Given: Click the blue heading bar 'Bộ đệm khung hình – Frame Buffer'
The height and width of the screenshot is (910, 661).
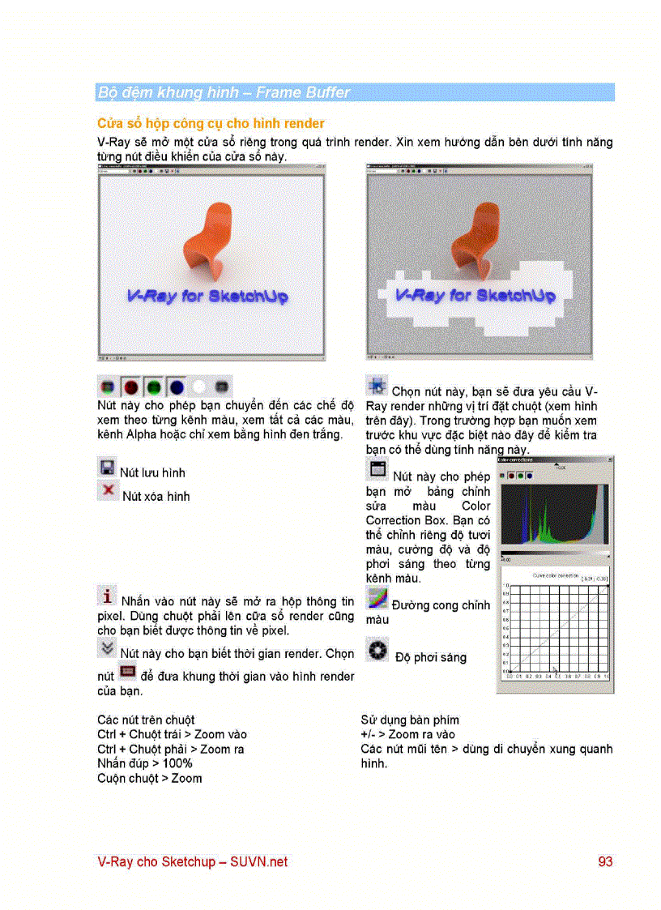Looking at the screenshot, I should (355, 92).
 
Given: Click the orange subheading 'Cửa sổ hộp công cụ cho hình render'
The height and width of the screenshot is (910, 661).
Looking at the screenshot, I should (211, 123).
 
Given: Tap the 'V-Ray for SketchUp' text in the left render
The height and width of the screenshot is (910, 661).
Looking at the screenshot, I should (207, 297).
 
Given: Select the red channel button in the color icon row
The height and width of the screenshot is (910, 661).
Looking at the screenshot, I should (131, 387).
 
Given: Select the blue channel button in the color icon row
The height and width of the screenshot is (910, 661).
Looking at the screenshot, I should (177, 387).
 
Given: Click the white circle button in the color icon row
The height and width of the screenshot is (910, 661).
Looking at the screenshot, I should (200, 387).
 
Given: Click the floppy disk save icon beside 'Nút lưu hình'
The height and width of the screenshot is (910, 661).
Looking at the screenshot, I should (106, 468).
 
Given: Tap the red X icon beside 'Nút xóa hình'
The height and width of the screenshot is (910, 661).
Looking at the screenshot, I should (106, 490).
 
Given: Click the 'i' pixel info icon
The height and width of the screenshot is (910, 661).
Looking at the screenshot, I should (106, 596).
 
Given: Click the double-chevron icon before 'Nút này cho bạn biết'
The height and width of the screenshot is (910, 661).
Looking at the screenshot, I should (106, 647).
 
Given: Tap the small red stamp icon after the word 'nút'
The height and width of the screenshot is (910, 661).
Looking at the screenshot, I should (126, 671).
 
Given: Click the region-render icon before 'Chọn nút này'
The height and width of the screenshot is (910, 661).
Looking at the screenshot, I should (376, 385).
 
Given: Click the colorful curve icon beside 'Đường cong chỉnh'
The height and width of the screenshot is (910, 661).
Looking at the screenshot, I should (377, 599).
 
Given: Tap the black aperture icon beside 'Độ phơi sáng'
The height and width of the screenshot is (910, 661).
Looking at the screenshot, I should (377, 650).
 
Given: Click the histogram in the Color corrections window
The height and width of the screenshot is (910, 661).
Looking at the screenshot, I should (553, 516).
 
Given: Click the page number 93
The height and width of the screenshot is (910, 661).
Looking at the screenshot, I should (605, 862).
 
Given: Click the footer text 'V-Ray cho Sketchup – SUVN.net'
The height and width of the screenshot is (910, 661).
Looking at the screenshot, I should (192, 862).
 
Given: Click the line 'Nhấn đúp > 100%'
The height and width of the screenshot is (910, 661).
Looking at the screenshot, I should (144, 763).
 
